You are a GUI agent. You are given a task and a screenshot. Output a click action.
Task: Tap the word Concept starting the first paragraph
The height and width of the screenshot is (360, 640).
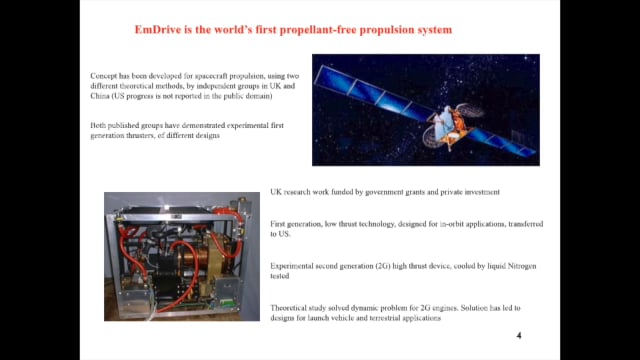tap(103, 75)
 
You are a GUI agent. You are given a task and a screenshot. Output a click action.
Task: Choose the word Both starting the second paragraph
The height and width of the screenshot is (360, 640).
tap(97, 125)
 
